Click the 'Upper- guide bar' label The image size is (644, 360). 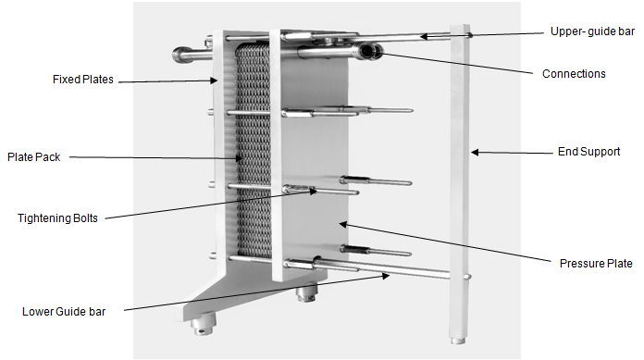592,31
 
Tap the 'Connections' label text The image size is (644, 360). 574,74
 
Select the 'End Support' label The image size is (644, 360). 589,152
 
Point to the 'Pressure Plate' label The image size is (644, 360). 596,264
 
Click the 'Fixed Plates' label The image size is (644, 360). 83,80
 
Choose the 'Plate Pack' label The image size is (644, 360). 33,157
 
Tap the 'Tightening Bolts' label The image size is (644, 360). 57,217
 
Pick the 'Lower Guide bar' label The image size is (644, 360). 64,312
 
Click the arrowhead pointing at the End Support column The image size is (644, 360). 475,153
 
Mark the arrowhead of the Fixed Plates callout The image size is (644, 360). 214,81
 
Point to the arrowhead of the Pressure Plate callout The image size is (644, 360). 343,224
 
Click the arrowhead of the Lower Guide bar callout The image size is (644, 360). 386,276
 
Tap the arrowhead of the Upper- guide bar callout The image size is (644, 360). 424,37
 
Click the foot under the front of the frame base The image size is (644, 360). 204,323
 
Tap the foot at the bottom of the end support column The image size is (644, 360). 458,341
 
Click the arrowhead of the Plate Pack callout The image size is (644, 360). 240,158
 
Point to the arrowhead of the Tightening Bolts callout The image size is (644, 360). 314,191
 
